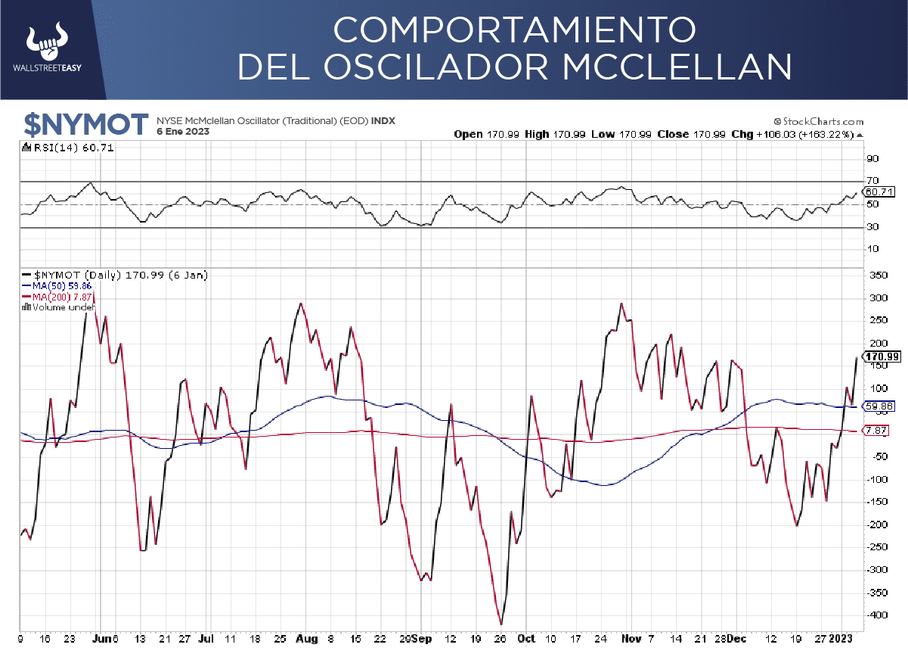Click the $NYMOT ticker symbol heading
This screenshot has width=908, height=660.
coord(85,124)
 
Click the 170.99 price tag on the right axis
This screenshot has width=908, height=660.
coord(882,356)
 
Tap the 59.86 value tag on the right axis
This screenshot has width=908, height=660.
coord(881,406)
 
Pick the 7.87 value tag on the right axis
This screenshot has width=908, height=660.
coord(879,431)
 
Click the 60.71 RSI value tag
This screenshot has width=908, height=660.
coord(880,192)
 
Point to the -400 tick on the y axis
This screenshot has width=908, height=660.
coord(875,615)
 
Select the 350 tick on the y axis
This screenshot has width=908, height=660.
coord(876,276)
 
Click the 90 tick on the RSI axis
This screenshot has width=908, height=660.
coord(872,159)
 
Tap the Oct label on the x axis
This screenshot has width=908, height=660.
coord(526,639)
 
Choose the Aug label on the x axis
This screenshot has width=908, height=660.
coord(306,639)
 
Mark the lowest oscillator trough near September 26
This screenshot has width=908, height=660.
coord(500,624)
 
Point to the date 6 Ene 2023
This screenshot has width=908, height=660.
coord(183,132)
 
